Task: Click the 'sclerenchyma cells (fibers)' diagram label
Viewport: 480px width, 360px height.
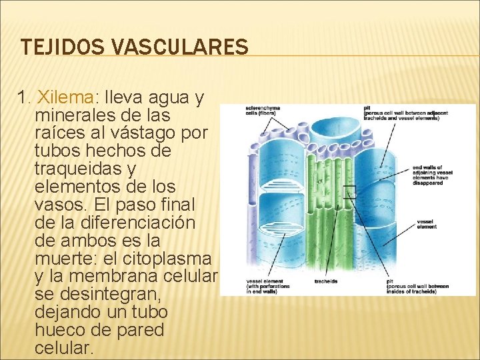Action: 263,111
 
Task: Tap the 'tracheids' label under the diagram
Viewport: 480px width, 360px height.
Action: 325,281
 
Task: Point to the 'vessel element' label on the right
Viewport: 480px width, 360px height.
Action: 427,224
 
